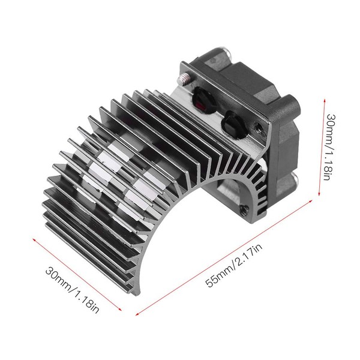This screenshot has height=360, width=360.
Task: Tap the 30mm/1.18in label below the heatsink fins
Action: pos(72,287)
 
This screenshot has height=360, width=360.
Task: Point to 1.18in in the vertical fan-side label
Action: pos(338,169)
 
